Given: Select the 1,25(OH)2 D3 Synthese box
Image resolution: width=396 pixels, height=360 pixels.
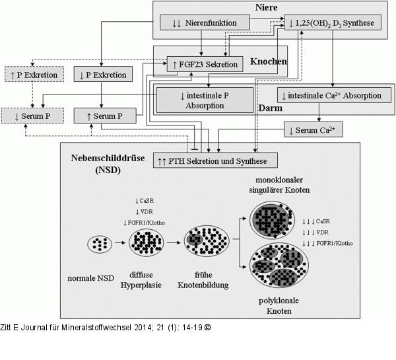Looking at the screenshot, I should (x=332, y=23).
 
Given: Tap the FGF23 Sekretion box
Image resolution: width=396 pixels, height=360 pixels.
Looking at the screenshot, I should (x=206, y=63).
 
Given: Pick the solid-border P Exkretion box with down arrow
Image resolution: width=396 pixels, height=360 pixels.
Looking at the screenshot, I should (x=102, y=75).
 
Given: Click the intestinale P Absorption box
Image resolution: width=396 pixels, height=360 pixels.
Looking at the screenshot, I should (x=205, y=100).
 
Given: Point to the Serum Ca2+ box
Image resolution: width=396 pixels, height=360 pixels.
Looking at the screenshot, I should (x=313, y=129).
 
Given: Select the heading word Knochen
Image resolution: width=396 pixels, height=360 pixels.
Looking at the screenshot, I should (x=269, y=61).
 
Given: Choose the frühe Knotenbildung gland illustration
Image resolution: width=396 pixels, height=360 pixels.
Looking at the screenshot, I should (x=207, y=242).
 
